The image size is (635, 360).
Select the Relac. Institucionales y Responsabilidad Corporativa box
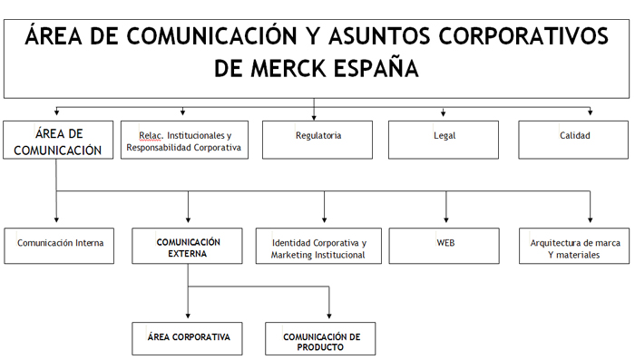(184, 141)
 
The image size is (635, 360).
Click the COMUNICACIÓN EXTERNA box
(188, 246)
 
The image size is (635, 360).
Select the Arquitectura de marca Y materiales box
(574, 246)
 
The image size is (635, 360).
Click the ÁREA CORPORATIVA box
(188, 338)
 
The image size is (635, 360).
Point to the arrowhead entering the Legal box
(444, 113)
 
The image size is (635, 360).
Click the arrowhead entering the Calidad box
(590, 113)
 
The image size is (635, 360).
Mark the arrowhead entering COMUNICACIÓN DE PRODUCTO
(328, 315)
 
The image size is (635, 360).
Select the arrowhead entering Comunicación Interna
(57, 219)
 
